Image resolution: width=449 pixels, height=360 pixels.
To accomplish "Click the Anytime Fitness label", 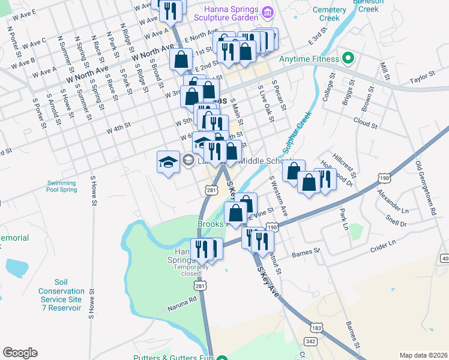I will (x=309, y=59).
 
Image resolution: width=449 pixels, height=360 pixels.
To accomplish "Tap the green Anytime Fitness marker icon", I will (x=348, y=59).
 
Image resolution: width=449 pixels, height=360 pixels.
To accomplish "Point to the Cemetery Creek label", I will (x=330, y=14).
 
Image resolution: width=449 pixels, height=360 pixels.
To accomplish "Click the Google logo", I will (x=20, y=353).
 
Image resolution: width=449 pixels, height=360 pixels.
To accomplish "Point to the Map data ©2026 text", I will (x=423, y=355).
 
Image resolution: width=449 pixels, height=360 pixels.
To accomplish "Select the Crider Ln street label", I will (x=384, y=243).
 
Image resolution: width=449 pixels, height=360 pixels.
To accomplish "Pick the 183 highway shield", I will (x=316, y=328).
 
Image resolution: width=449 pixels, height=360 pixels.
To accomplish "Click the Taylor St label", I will (x=421, y=78).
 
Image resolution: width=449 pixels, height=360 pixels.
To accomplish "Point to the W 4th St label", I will (x=118, y=128).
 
